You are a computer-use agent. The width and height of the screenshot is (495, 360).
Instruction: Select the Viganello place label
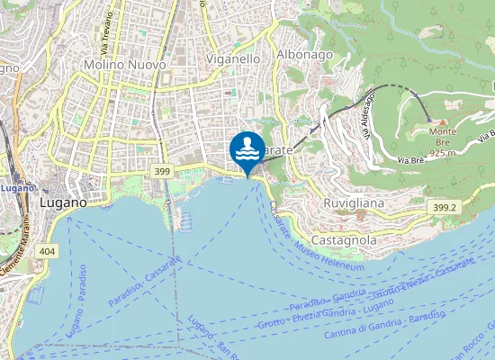(233, 58)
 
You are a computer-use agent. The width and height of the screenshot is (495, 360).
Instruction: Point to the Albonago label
(305, 54)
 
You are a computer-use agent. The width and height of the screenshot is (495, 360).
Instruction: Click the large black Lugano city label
(64, 203)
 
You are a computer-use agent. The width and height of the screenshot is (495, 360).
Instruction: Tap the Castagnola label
(343, 241)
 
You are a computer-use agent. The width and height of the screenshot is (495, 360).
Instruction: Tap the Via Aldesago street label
(369, 122)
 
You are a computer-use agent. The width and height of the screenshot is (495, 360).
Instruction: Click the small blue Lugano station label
(17, 188)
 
